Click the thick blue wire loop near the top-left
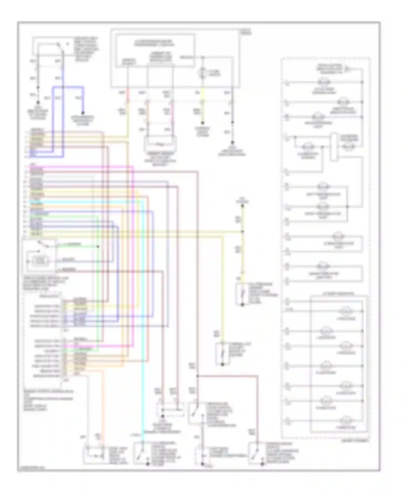(68, 87)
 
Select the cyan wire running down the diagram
(142, 324)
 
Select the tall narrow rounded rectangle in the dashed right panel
(334, 147)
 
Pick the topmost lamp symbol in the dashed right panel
(324, 82)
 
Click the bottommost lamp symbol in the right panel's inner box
(346, 420)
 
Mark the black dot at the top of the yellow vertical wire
(242, 206)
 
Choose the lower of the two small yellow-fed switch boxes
(222, 354)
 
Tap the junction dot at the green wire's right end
(98, 246)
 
